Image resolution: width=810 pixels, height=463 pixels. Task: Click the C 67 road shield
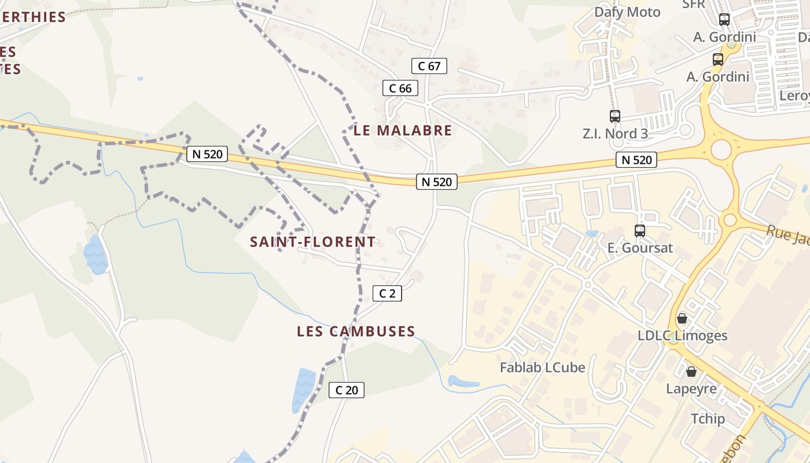(429, 66)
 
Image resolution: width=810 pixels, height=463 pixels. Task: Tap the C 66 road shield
(400, 89)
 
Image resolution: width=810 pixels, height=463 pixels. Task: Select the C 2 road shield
(387, 293)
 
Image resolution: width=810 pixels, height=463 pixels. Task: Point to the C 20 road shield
(347, 390)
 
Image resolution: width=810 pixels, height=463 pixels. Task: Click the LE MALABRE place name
(403, 130)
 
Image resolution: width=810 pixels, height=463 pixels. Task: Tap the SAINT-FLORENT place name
(312, 242)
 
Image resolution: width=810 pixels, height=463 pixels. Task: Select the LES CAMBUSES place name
(356, 332)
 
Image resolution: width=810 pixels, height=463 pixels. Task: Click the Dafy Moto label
(627, 12)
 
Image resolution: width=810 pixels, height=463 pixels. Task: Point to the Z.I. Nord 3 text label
(615, 134)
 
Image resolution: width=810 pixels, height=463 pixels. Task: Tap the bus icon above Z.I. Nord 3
(615, 116)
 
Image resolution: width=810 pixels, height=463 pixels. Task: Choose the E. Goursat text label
(640, 248)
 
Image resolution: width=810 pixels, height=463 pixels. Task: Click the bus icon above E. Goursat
(640, 231)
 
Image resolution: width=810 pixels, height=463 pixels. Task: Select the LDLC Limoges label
(682, 336)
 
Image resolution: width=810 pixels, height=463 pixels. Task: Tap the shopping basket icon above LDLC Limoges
(682, 318)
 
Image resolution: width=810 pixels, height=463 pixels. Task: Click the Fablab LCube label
(542, 368)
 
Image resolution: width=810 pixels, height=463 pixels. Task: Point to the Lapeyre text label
(691, 388)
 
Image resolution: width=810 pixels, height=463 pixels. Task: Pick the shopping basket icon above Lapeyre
(691, 371)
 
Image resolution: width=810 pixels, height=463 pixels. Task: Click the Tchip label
(708, 418)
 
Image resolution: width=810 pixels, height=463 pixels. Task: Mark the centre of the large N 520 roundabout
(721, 149)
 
